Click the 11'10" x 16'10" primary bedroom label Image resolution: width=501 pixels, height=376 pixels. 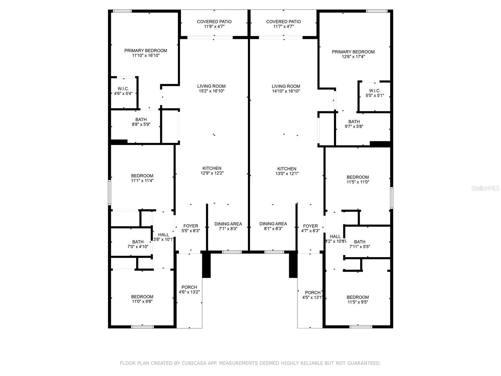pos(146,53)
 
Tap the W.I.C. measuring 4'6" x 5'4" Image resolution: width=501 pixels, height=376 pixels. pos(123,91)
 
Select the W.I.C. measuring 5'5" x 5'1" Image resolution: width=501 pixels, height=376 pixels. pos(374,93)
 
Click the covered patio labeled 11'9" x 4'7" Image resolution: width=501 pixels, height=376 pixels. pos(214,24)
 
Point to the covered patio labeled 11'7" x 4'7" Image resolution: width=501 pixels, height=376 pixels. pos(283,24)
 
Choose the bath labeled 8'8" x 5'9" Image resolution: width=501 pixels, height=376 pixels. pos(141,122)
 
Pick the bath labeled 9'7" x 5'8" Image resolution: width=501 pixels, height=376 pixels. pos(354,124)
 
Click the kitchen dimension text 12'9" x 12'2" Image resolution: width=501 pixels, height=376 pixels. pos(212,173)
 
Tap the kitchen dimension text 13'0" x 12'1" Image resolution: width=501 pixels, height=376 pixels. pos(287,173)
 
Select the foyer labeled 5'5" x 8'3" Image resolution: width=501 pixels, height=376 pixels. pos(191,228)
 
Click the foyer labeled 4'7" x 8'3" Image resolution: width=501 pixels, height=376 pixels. pos(310,228)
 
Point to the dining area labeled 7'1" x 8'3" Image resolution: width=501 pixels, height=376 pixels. pos(228,226)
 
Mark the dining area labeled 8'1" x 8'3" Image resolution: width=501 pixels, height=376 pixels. pos(273,226)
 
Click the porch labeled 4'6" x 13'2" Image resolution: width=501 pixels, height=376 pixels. pos(189,290)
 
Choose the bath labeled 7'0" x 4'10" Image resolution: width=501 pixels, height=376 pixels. pos(138,244)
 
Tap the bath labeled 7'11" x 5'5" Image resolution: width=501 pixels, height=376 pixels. pos(359,244)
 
